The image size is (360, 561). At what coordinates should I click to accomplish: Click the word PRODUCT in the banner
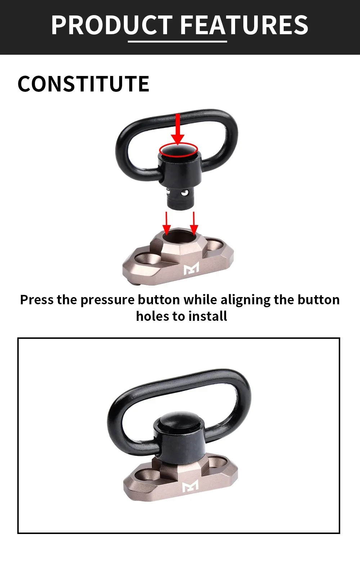point(112,25)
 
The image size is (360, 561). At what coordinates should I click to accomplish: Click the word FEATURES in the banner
point(244,25)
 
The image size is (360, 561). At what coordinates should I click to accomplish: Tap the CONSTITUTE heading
point(84,84)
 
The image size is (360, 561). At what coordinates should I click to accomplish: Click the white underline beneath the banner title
point(177,41)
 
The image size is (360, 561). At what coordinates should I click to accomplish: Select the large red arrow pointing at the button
point(178,129)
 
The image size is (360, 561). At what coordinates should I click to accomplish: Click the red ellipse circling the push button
point(179,149)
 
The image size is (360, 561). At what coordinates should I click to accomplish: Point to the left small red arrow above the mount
point(166,223)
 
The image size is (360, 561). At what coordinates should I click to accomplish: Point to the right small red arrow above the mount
point(194,223)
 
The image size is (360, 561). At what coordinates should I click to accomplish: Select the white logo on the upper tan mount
point(191,269)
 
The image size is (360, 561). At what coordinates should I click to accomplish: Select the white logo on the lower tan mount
point(190,486)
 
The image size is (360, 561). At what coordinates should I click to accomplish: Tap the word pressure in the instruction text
point(107,300)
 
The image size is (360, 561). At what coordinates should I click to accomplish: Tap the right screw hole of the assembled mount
point(218,462)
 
